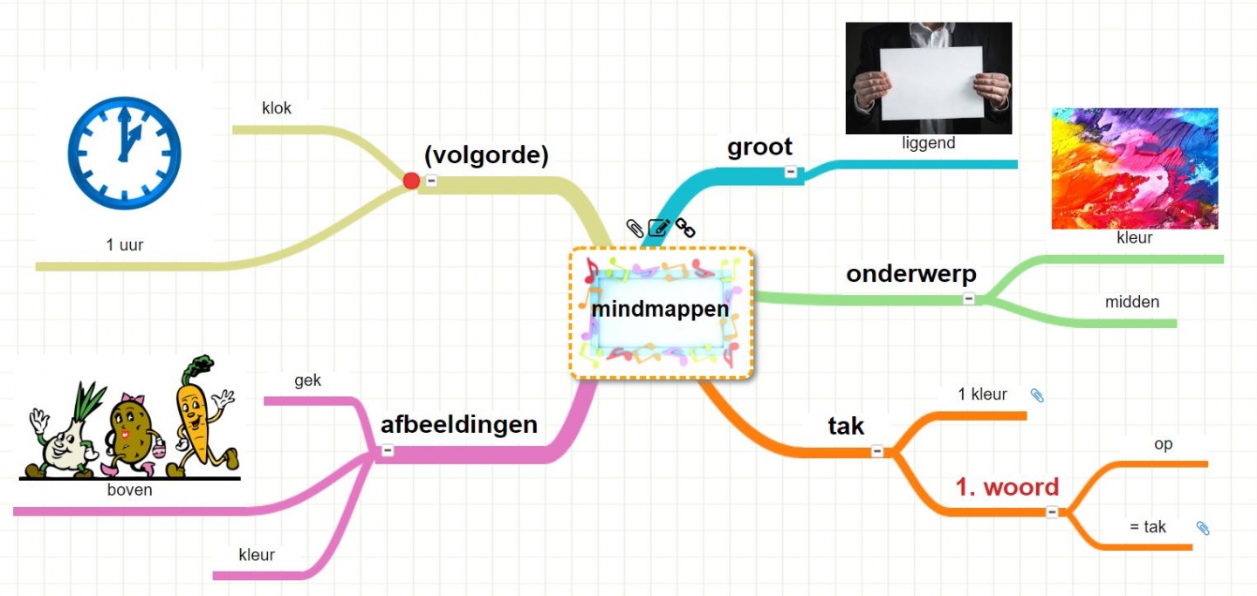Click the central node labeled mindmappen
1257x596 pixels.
660,310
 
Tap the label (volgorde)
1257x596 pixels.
486,155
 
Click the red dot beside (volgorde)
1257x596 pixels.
411,181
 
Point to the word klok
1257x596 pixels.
277,109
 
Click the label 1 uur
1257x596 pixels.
125,245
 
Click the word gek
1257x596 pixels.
307,380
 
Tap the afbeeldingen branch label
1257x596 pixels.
458,425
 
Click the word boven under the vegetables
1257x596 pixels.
130,490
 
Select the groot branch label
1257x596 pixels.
759,147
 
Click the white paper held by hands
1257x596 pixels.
931,83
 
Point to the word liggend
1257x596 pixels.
929,143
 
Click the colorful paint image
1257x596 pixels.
1134,168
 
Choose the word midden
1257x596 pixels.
1132,302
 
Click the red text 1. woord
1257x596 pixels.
1006,487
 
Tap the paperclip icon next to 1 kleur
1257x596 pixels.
1036,395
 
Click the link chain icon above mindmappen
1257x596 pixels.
685,228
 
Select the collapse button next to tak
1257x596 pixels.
877,451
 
